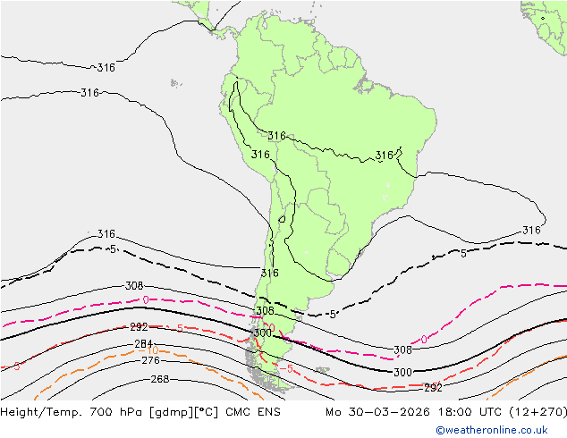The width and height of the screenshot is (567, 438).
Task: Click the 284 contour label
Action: pos(143,344)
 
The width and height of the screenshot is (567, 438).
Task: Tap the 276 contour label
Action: pos(151,360)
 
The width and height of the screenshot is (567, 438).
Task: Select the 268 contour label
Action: pos(159,380)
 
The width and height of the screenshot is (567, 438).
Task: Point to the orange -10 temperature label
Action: pos(152,350)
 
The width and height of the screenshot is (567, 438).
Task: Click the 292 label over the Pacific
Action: pos(139,328)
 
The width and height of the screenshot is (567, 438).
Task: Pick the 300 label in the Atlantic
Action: pos(402,373)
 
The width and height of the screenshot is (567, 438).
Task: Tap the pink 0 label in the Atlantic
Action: pos(424,340)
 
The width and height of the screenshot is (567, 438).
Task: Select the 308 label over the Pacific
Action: pos(134,286)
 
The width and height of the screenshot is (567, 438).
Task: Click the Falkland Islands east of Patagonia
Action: pos(321,367)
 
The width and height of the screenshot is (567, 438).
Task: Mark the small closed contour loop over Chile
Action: pos(282,217)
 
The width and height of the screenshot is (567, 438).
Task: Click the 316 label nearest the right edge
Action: pos(531,231)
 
